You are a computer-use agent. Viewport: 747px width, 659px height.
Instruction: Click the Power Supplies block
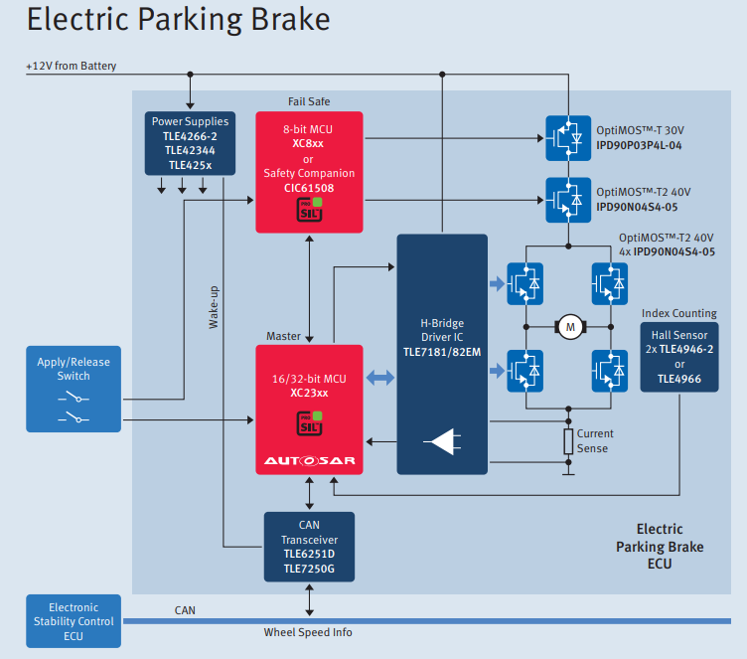click(x=190, y=143)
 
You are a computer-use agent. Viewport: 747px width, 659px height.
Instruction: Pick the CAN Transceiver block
click(x=309, y=547)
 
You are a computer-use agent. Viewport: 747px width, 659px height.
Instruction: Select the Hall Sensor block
click(x=679, y=356)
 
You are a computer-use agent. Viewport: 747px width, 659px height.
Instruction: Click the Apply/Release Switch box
click(x=74, y=389)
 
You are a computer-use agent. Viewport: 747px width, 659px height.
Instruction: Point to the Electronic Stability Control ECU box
click(x=74, y=621)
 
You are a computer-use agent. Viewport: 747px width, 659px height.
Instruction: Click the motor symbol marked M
click(x=569, y=325)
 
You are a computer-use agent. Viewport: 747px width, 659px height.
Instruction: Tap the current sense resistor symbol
click(x=568, y=441)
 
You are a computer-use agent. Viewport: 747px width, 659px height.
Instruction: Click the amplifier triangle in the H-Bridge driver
click(x=441, y=442)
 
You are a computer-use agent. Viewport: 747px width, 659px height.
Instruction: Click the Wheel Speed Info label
click(x=308, y=632)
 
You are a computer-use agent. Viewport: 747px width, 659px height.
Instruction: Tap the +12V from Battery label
click(x=72, y=67)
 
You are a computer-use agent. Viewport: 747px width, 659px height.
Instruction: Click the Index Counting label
click(x=679, y=313)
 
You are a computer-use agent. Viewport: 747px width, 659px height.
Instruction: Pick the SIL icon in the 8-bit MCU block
click(x=309, y=211)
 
